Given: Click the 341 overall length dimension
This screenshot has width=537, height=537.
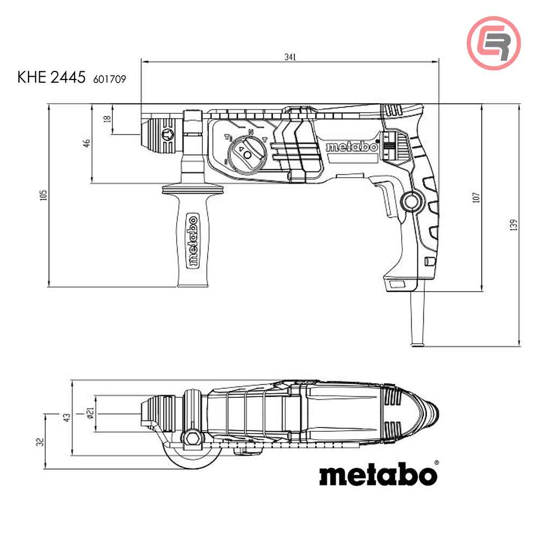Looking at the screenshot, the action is [290, 56].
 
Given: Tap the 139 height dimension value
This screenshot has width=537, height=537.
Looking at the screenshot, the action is [513, 225].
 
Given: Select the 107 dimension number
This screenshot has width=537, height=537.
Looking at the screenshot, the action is [476, 197].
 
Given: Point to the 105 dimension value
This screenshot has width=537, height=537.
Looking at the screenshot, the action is [43, 195].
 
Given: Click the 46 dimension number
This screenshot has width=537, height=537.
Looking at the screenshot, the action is [86, 143].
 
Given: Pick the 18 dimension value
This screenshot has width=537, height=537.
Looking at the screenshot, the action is [107, 119].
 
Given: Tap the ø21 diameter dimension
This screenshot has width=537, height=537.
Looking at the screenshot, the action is [90, 413].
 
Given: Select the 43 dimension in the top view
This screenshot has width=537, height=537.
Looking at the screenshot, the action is [67, 417].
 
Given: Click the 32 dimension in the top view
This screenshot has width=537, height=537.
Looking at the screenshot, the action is [40, 442].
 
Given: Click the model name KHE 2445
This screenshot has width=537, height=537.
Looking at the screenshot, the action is [52, 77].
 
